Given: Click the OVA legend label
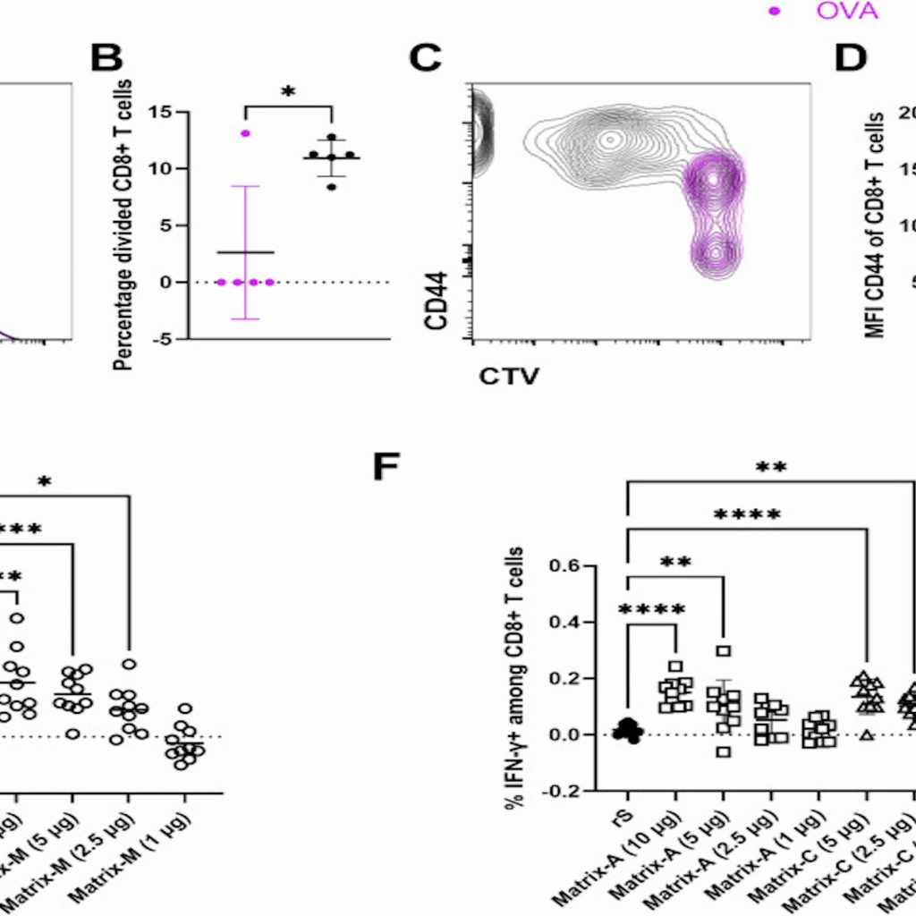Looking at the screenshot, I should click(x=847, y=12).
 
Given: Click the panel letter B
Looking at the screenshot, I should click(x=106, y=59).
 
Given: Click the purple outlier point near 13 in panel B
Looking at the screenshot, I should click(x=245, y=133).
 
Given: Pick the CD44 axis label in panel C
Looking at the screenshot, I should click(x=437, y=302).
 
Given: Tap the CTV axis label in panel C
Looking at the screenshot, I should click(x=508, y=376).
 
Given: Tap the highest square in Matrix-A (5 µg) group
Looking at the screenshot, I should click(x=723, y=651).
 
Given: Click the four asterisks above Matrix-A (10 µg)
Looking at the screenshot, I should click(x=651, y=611).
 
